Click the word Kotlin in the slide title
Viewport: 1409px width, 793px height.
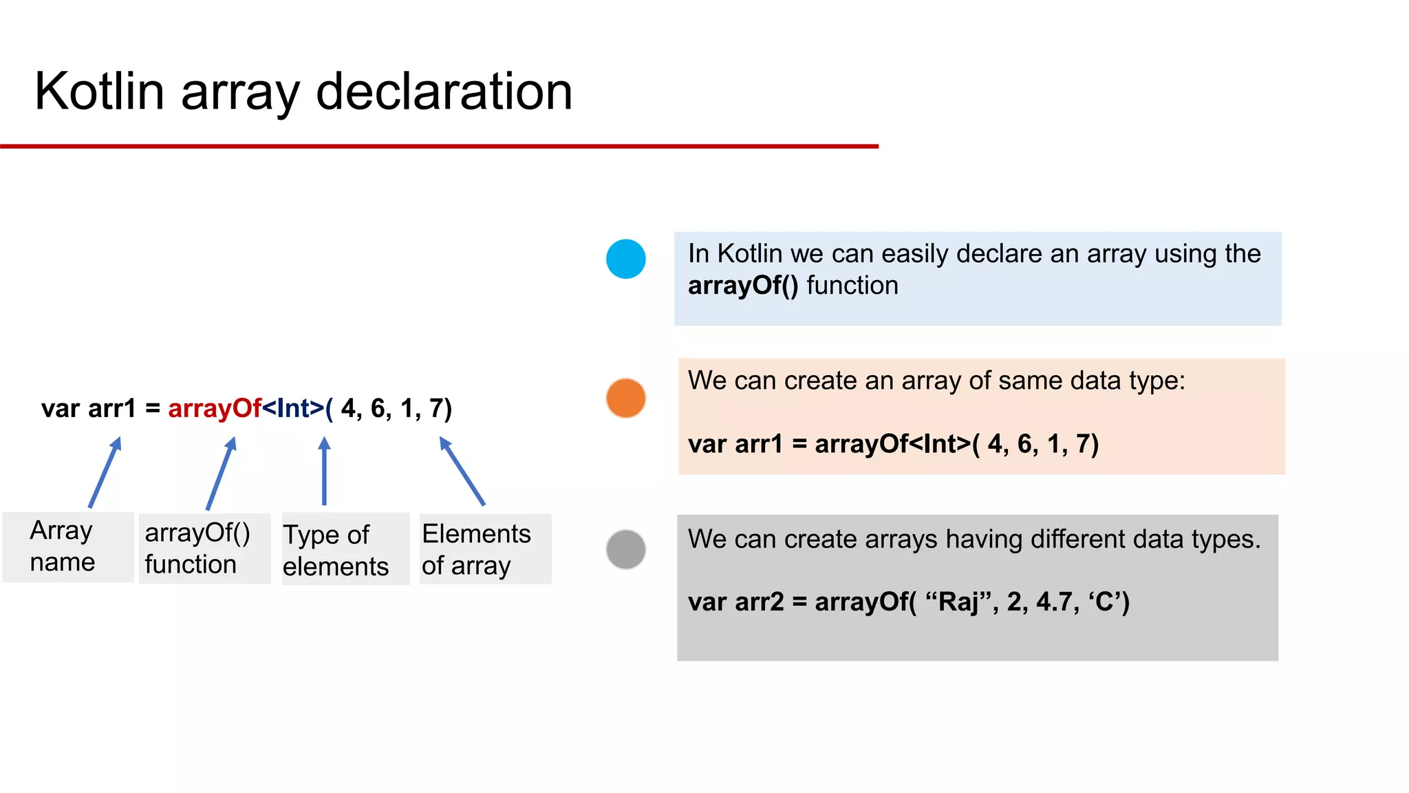[x=99, y=92]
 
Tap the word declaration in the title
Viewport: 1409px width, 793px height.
[x=444, y=92]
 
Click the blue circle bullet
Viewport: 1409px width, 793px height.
[x=625, y=259]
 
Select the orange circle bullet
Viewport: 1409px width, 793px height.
[x=625, y=398]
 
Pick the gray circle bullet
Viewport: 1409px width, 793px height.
[x=625, y=549]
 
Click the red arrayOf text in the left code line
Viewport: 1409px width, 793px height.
[x=215, y=408]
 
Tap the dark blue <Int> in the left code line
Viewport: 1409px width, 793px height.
[x=294, y=408]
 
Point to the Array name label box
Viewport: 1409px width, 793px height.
[x=67, y=547]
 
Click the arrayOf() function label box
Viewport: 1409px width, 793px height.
[x=204, y=549]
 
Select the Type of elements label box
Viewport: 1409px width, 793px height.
[x=345, y=549]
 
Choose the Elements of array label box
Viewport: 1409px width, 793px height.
[x=485, y=549]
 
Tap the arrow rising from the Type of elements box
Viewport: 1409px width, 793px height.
[x=324, y=472]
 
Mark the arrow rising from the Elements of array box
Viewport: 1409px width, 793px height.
[x=462, y=472]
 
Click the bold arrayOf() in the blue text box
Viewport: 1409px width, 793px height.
[x=743, y=286]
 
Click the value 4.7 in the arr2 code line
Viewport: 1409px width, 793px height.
[x=1055, y=602]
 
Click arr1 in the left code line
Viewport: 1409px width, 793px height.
[x=112, y=408]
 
